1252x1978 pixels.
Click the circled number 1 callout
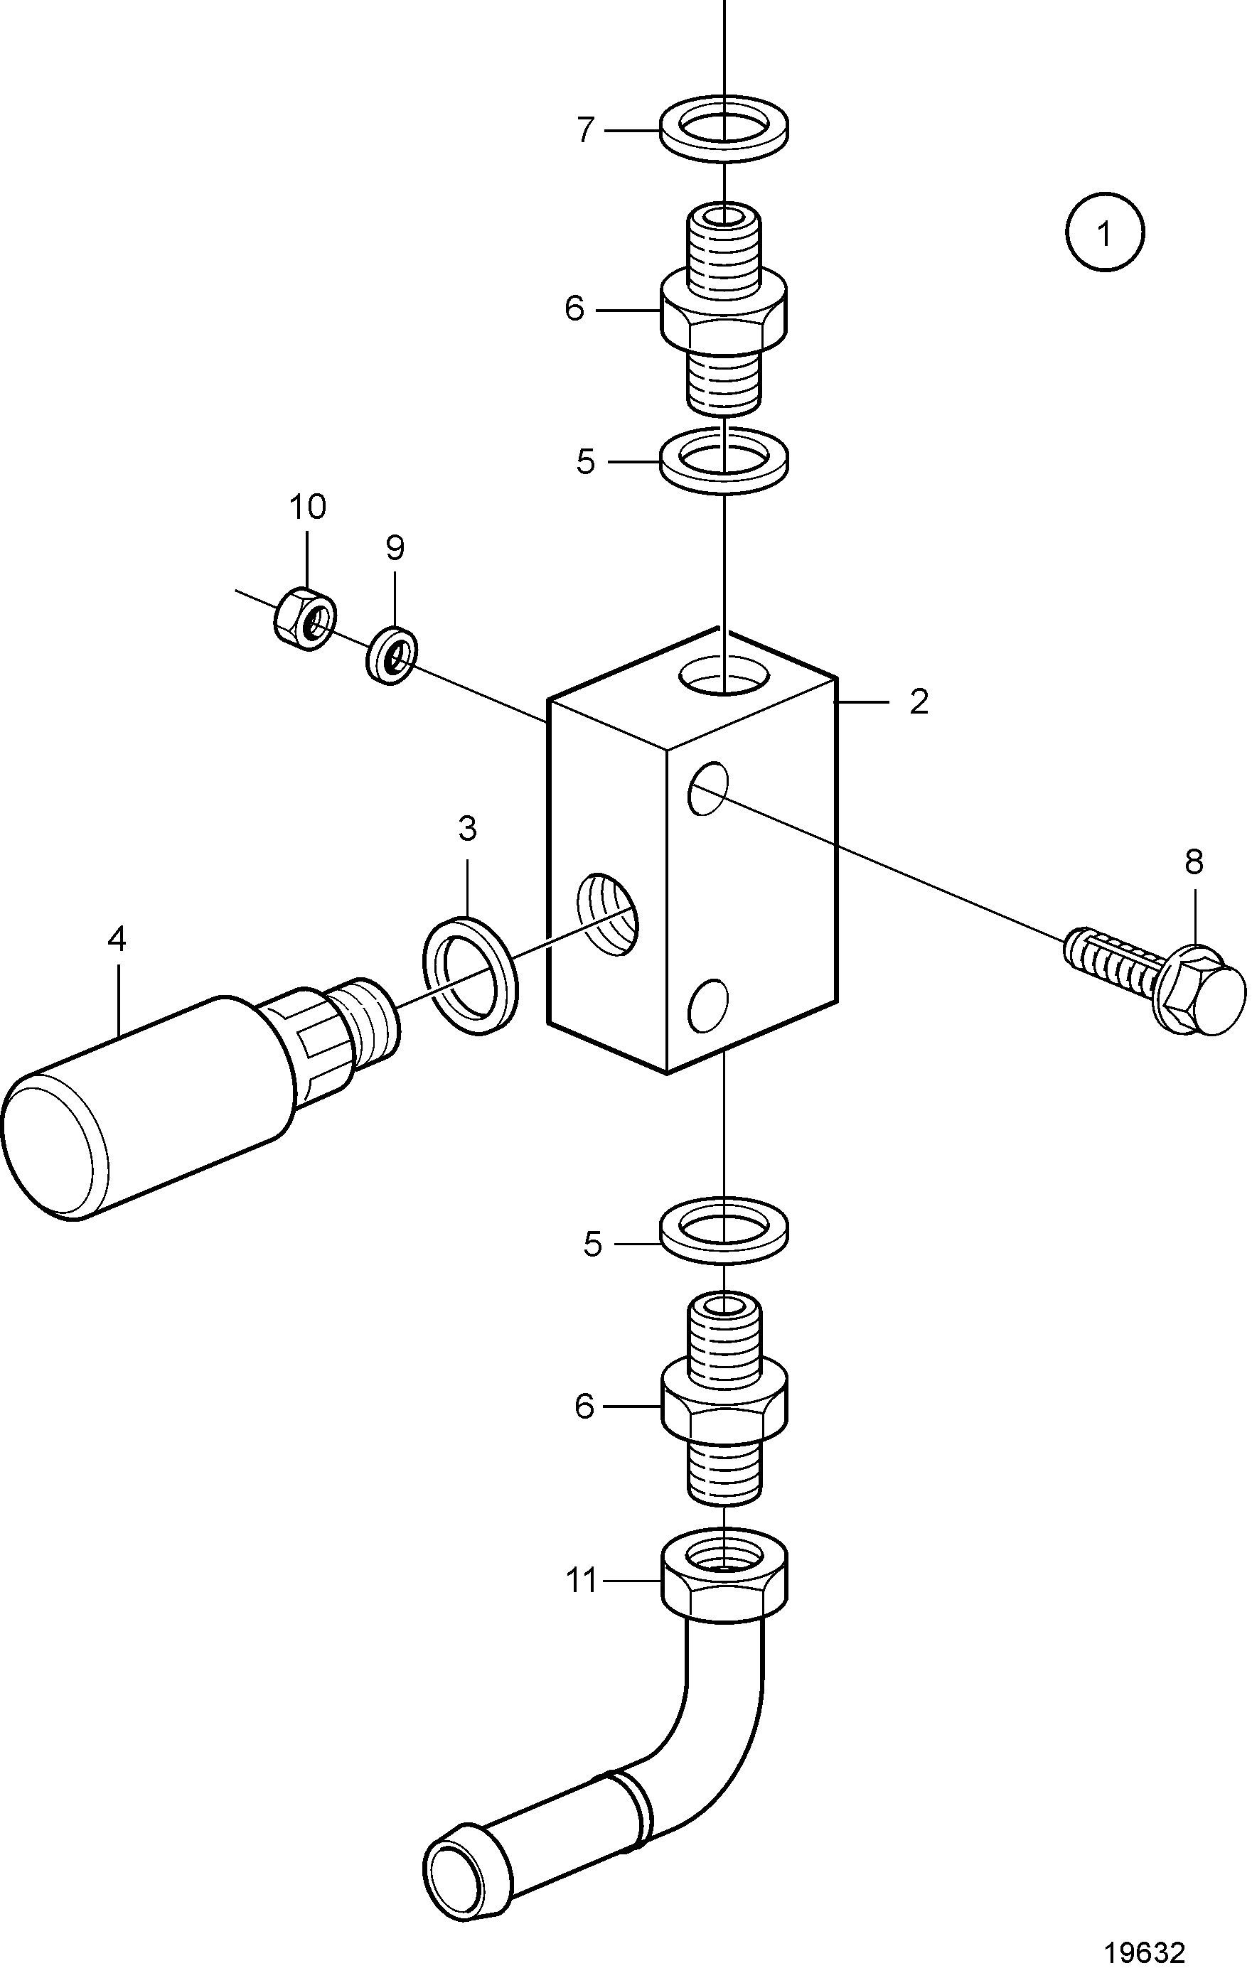(1105, 232)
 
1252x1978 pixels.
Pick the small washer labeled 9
(391, 655)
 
